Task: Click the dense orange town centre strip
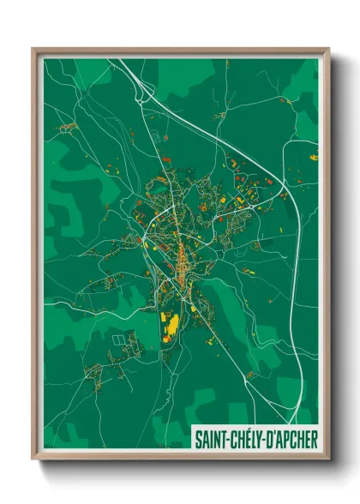tap(182, 257)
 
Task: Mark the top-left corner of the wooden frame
tap(33, 49)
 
